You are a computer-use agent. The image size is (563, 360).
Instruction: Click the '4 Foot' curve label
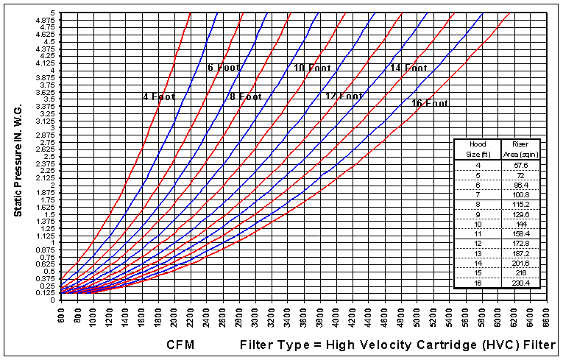click(158, 96)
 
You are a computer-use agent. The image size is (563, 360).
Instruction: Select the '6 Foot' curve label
click(223, 68)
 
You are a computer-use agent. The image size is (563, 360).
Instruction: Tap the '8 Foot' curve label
click(245, 96)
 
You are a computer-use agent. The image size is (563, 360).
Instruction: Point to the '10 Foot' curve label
click(312, 68)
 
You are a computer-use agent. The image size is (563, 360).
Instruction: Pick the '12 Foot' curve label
click(344, 96)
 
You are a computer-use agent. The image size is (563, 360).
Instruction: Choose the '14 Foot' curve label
click(408, 68)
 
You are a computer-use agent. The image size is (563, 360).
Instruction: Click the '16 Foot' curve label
click(429, 103)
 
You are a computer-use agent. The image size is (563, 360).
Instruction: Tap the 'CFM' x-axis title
click(180, 345)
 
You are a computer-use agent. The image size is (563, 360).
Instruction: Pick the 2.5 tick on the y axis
click(49, 157)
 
